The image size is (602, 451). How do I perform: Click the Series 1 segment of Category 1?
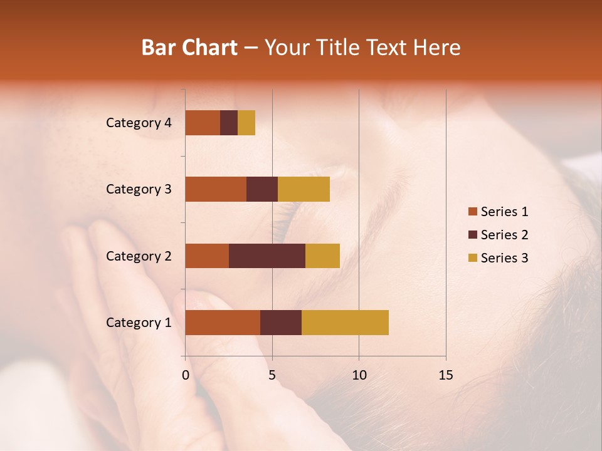(223, 323)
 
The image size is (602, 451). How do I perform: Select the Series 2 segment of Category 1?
(281, 323)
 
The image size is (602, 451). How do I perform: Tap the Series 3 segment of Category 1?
(345, 323)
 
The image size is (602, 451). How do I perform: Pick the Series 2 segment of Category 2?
(267, 256)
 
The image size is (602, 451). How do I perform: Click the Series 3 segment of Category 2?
(322, 256)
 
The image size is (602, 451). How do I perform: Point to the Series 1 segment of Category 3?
(216, 189)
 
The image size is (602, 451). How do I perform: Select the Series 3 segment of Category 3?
(304, 189)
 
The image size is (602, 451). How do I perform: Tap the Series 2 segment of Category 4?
(229, 123)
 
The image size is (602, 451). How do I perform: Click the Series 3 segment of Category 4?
(246, 123)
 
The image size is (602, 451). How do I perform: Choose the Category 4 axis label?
(139, 123)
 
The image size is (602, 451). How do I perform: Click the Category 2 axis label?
(139, 256)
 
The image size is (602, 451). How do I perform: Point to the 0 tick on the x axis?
(186, 375)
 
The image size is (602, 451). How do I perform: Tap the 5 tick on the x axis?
(272, 375)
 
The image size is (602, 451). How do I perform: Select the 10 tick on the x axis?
(359, 375)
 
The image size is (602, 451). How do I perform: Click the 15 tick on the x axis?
(445, 375)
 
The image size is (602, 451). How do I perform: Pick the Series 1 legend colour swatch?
(472, 212)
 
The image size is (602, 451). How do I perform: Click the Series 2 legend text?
(504, 235)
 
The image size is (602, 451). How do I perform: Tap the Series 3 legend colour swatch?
(472, 258)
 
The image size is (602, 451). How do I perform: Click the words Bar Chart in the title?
(189, 48)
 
